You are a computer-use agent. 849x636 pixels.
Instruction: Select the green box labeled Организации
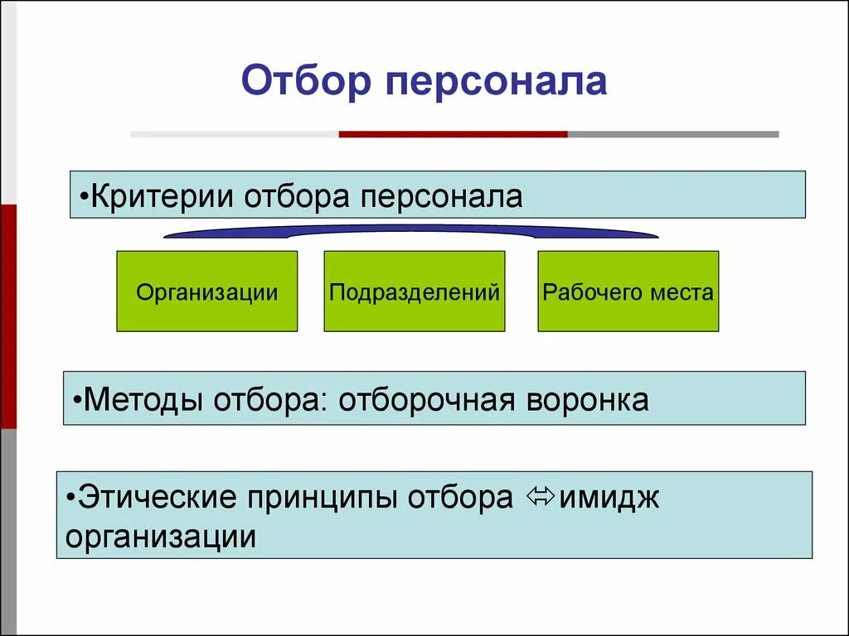(206, 291)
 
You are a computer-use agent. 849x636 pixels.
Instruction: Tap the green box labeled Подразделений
(414, 291)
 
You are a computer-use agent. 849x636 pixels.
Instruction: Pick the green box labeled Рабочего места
(628, 291)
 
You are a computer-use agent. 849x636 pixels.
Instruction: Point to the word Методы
(144, 400)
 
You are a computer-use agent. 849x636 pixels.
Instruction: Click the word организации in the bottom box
(160, 537)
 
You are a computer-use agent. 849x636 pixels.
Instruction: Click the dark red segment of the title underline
(453, 133)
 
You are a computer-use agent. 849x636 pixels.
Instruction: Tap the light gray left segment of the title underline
(235, 133)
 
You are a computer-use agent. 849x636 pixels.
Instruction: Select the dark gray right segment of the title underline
(673, 133)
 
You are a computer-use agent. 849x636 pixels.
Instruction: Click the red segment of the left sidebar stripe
(7, 315)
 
